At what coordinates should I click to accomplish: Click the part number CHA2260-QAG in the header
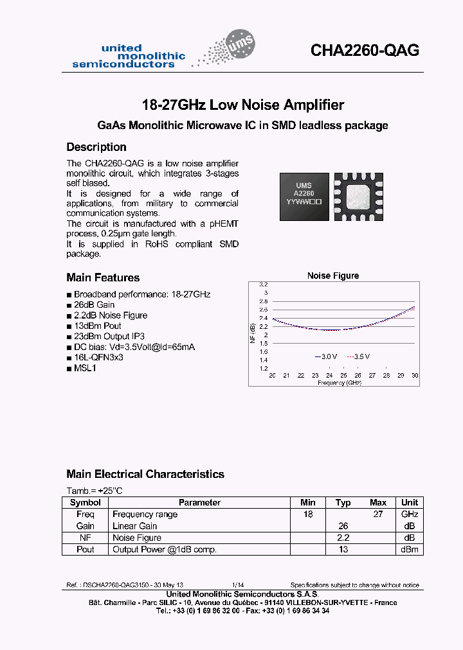click(365, 50)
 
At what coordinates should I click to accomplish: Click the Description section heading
click(96, 147)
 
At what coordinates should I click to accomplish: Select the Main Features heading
click(103, 277)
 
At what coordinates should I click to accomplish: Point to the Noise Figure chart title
click(333, 276)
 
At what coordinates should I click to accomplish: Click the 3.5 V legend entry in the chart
click(359, 356)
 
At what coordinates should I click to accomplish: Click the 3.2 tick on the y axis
click(263, 284)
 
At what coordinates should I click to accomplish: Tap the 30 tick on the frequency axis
click(415, 375)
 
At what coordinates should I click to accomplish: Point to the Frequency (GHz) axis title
click(339, 382)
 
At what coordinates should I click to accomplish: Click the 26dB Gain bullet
click(94, 305)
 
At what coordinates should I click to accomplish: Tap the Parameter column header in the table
click(199, 502)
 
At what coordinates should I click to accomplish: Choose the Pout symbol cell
click(86, 549)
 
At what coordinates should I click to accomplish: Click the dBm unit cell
click(410, 549)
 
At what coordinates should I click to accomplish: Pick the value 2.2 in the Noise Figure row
click(343, 538)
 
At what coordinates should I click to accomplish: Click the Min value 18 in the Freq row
click(308, 514)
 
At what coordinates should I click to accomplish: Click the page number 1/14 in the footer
click(237, 585)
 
